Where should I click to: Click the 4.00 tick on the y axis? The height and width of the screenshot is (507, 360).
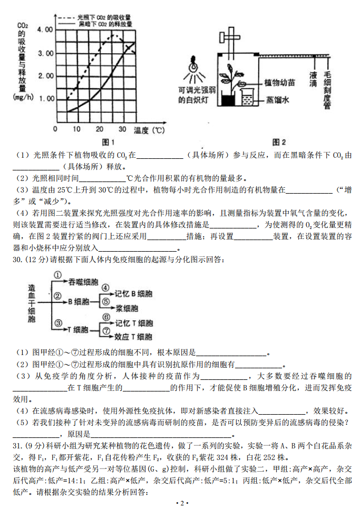(46, 30)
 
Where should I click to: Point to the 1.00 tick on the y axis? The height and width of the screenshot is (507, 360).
(46, 99)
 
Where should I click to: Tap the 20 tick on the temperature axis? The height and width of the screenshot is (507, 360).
(100, 130)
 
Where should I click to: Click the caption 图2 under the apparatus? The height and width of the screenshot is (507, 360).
(279, 142)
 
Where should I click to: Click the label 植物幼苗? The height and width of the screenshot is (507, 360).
(279, 83)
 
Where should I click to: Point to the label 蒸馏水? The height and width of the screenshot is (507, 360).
(277, 99)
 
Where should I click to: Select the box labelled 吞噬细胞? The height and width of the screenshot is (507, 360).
(83, 282)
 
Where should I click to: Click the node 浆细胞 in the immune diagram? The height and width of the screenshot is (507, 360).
(127, 308)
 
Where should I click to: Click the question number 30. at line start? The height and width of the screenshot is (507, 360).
(16, 260)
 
